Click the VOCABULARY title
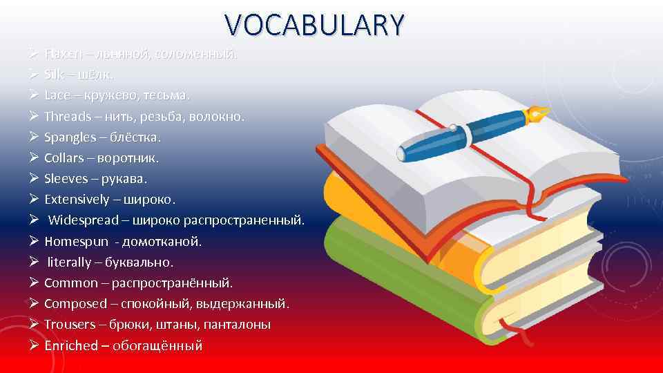[x=314, y=25]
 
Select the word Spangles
[x=70, y=137]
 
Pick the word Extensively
[x=77, y=200]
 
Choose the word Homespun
[x=74, y=242]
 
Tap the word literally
[x=69, y=262]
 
